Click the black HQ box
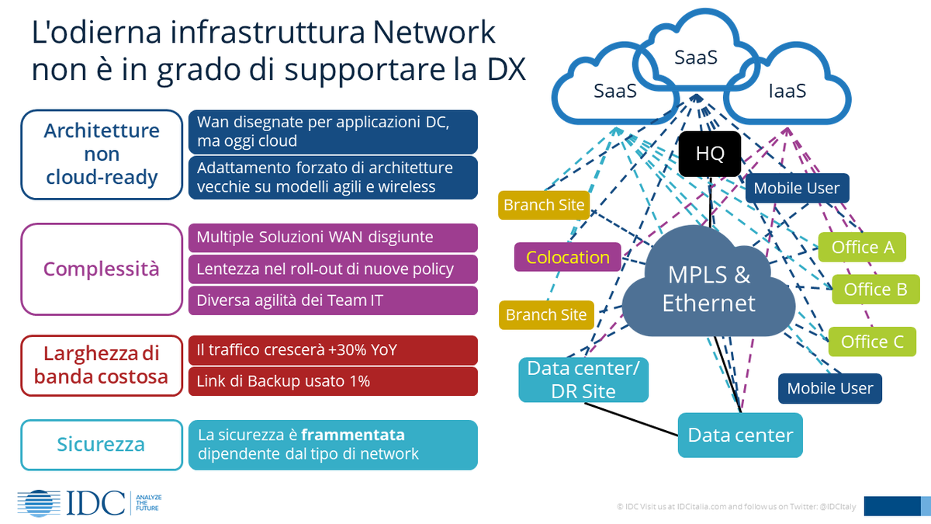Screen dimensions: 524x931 coord(710,154)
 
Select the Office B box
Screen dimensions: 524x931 coord(875,290)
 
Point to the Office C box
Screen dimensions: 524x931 coord(872,342)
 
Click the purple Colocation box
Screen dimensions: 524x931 coord(568,257)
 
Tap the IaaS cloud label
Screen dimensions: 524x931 coord(787,91)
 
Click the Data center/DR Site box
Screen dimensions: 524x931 coord(583,379)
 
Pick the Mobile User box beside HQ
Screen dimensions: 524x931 coord(797,188)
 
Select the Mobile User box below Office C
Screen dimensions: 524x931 coord(830,388)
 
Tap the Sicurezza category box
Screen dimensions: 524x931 coord(101,445)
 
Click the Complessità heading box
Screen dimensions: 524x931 coord(101,269)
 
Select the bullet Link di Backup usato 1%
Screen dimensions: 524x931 coord(333,381)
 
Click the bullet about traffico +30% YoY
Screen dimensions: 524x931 coord(333,350)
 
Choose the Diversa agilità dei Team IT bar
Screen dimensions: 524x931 coord(333,300)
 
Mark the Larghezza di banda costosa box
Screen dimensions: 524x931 coord(101,365)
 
